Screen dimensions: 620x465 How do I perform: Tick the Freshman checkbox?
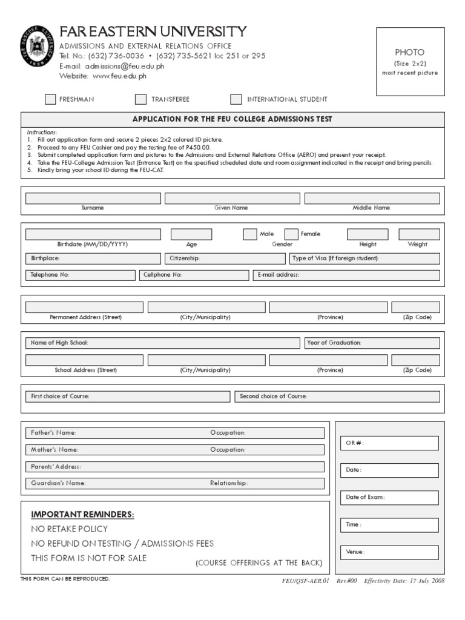click(50, 99)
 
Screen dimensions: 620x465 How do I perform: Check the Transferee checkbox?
click(140, 99)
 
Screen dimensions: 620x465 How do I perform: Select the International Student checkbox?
click(236, 99)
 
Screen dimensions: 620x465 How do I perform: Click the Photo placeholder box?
click(410, 62)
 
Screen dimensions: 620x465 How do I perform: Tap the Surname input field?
click(93, 199)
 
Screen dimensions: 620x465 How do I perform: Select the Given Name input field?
click(232, 199)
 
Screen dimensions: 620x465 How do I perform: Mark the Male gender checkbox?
click(249, 234)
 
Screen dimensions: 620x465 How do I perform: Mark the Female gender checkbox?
click(291, 234)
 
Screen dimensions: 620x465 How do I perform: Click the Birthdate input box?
click(93, 234)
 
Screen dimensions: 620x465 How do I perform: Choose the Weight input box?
click(419, 234)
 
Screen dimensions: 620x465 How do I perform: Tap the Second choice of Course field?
click(337, 397)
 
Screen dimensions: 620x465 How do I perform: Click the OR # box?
click(391, 443)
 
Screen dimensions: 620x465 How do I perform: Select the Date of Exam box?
click(391, 498)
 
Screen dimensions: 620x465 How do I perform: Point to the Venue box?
click(391, 552)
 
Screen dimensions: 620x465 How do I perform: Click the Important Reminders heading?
click(82, 515)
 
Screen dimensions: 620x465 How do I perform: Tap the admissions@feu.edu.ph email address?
click(124, 66)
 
